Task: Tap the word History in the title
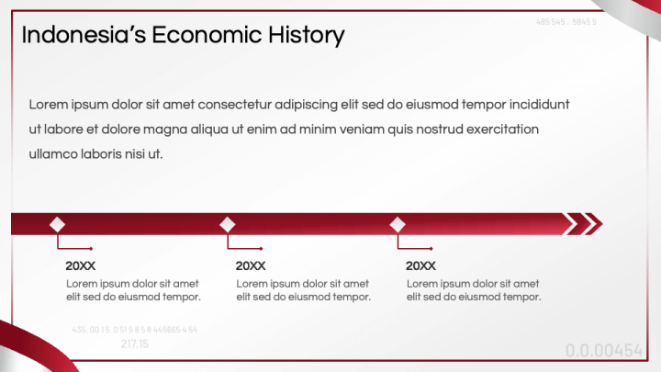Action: point(307,35)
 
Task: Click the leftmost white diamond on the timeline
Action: point(58,224)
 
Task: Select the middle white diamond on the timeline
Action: point(228,224)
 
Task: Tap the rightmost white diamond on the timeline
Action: point(398,224)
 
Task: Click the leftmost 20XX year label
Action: point(81,265)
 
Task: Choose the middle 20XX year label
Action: point(251,265)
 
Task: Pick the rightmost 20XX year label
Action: point(420,265)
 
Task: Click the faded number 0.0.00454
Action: point(604,350)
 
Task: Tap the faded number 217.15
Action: point(134,344)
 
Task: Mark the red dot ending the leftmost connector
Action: point(91,248)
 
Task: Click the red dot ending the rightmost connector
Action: point(431,248)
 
